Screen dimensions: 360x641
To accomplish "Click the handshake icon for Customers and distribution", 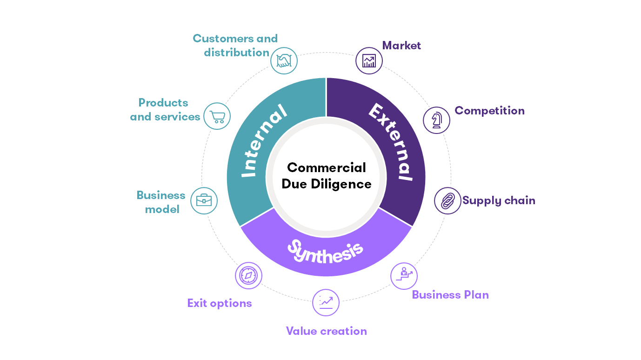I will (x=284, y=60).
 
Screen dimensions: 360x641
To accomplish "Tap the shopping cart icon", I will (x=217, y=116).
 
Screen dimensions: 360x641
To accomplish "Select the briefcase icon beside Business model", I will (x=204, y=201).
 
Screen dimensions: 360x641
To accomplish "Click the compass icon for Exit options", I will (x=248, y=275).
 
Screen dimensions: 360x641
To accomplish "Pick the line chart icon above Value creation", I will (x=326, y=302).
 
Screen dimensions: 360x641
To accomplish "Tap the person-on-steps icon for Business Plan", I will (x=403, y=275).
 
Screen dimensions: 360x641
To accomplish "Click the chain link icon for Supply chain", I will (x=447, y=201).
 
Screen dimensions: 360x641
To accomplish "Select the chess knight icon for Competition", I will (x=437, y=120).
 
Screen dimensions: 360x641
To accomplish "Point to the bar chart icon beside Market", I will (x=369, y=60).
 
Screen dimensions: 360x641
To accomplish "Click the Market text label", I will (x=401, y=46).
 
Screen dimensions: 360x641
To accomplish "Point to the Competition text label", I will (x=489, y=111).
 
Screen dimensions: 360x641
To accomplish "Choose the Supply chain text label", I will (x=499, y=200).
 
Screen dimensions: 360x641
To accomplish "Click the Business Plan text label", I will (x=450, y=295).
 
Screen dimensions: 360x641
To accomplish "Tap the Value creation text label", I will (x=326, y=331).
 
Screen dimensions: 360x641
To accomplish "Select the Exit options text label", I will (x=220, y=303).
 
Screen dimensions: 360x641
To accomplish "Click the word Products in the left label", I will (x=163, y=103).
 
